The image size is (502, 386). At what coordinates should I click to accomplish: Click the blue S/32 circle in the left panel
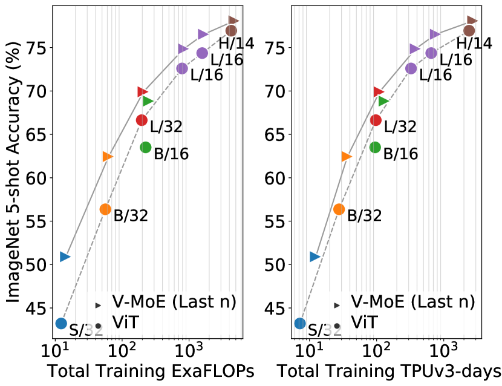[61, 323]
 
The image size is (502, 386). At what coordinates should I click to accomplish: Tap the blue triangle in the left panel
[65, 257]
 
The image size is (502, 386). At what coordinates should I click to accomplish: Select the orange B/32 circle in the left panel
[105, 209]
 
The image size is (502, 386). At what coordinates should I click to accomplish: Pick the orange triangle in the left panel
[108, 157]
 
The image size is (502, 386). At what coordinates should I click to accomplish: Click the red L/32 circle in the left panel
[142, 120]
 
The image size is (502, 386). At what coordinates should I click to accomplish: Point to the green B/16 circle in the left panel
[146, 147]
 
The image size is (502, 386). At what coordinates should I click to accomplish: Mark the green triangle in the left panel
[148, 101]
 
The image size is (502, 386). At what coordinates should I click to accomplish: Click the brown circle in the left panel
[231, 30]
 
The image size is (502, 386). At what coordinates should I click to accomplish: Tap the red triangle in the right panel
[379, 92]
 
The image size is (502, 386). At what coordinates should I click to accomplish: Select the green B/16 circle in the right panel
[375, 147]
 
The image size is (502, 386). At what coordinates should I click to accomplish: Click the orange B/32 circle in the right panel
[339, 209]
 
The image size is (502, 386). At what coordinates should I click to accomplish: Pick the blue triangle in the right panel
[315, 257]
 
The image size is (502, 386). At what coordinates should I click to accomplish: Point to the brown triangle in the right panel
[472, 21]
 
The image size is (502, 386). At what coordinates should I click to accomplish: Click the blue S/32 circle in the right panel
[300, 323]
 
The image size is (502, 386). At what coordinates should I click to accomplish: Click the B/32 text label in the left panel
[131, 216]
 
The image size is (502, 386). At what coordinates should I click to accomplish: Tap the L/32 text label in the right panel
[400, 127]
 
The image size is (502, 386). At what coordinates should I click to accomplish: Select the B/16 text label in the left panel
[171, 154]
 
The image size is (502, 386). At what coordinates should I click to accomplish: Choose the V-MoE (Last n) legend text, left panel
[174, 302]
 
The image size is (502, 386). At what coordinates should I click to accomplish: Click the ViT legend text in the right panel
[365, 322]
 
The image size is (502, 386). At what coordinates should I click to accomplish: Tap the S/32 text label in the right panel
[325, 330]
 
